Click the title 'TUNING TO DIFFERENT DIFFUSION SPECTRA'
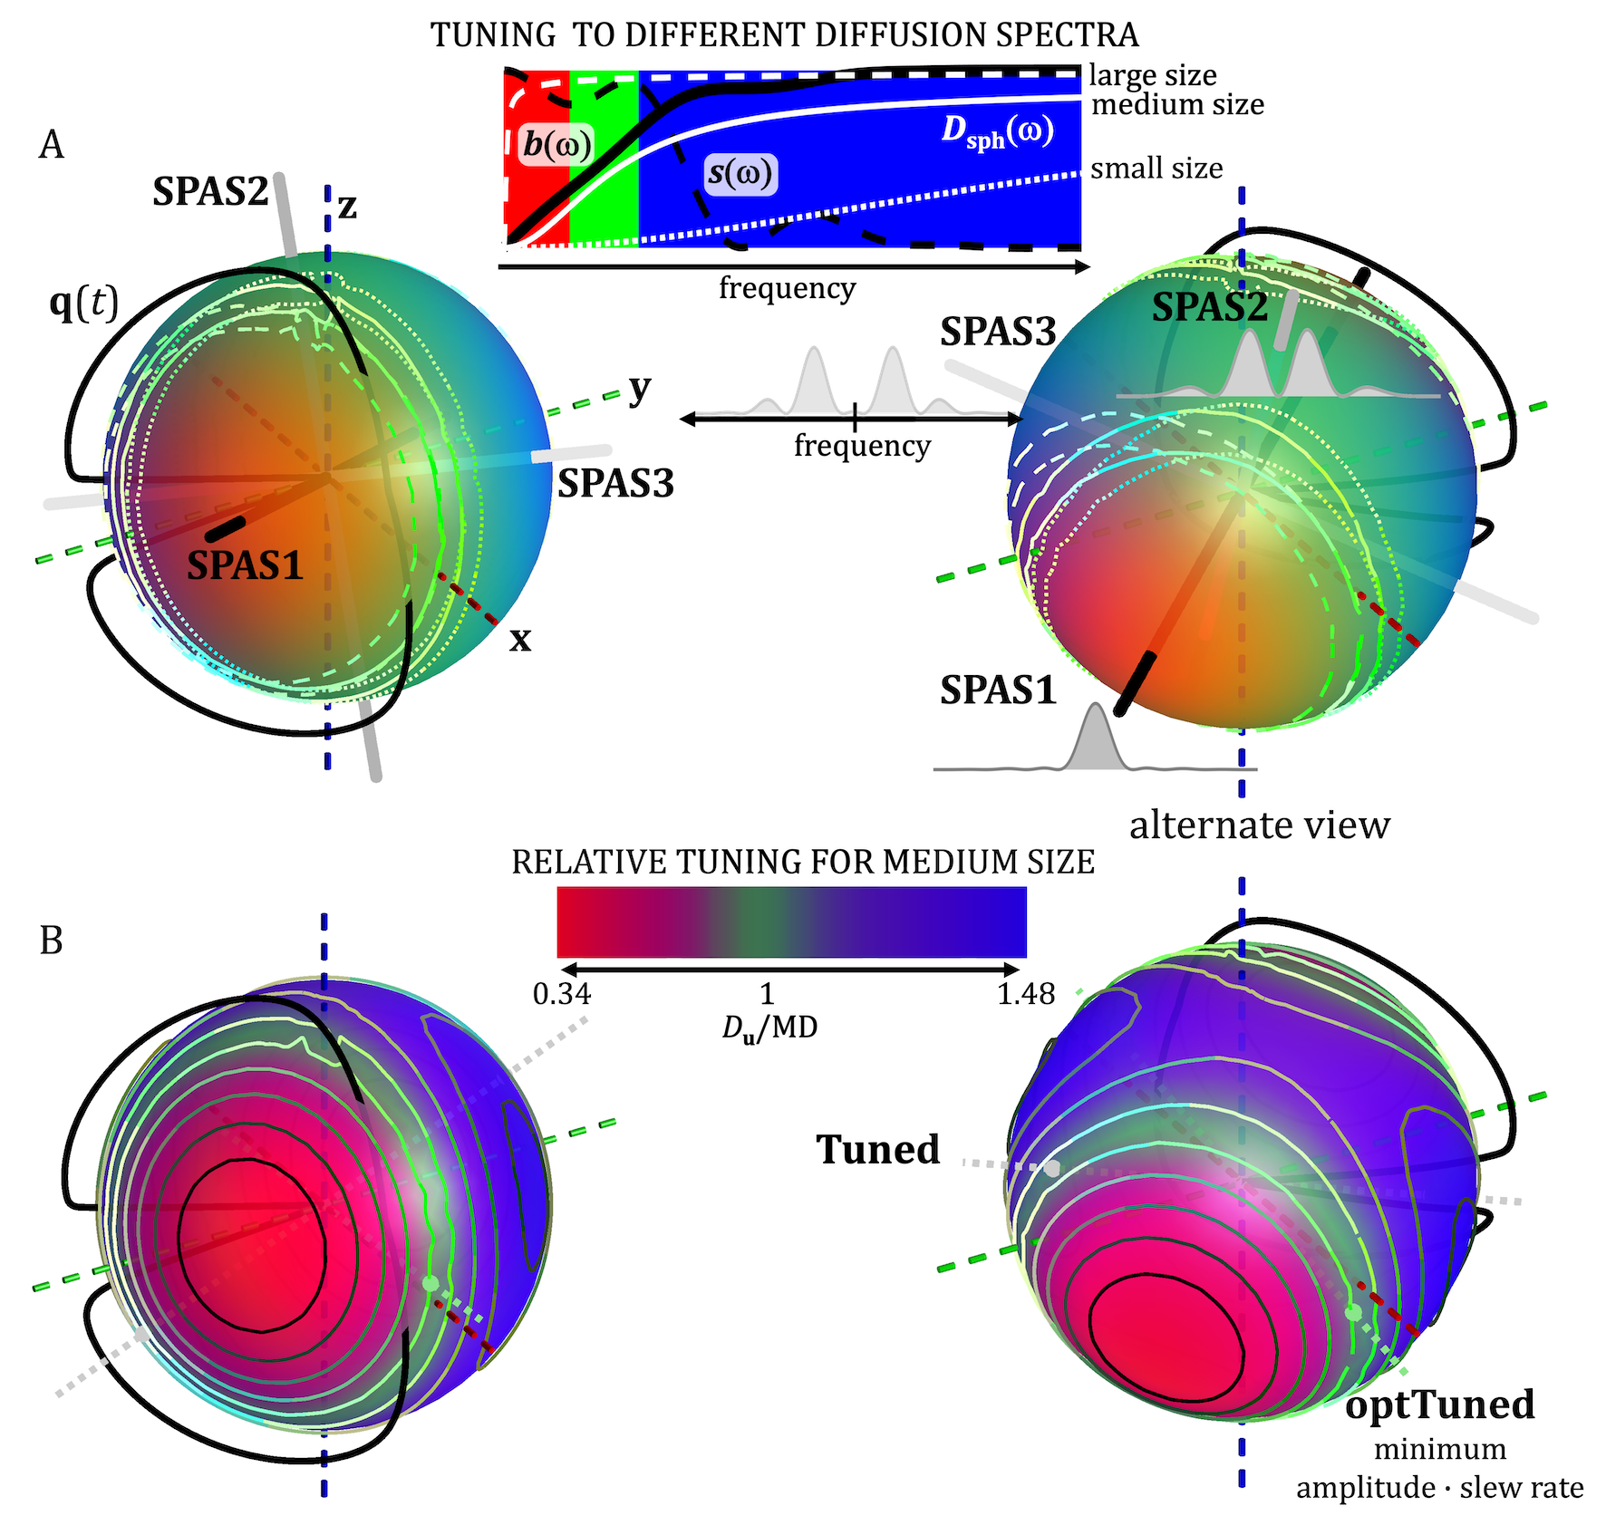tap(784, 35)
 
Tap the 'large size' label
tap(1152, 75)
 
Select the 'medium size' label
tap(1176, 105)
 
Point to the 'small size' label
tap(1156, 169)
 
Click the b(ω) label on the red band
tap(557, 145)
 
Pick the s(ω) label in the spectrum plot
tap(741, 173)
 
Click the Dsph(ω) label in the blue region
tap(997, 131)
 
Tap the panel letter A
tap(52, 145)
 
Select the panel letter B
tap(52, 941)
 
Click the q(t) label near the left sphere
tap(83, 304)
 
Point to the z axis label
tap(347, 208)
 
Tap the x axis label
tap(520, 640)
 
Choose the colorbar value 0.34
tap(562, 995)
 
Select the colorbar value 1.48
tap(1026, 995)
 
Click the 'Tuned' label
tap(878, 1149)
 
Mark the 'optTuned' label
tap(1439, 1404)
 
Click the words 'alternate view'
tap(1259, 825)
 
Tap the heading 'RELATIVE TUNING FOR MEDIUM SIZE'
tap(803, 862)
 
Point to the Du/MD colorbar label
tap(769, 1028)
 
